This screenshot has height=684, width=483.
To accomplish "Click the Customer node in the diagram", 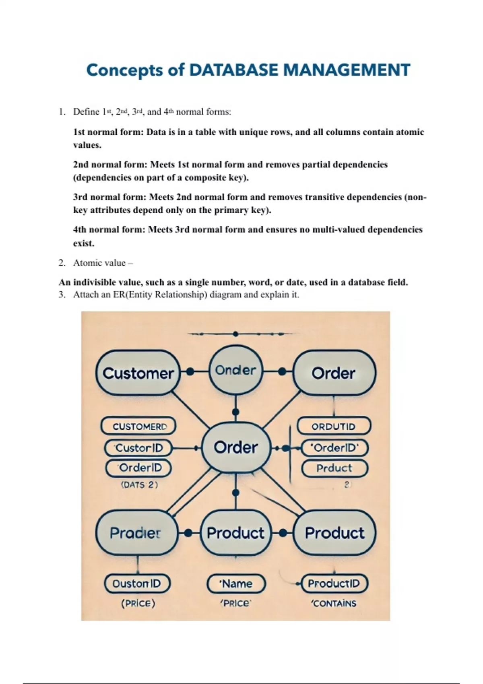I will point(138,373).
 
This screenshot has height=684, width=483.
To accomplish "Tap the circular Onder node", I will point(235,370).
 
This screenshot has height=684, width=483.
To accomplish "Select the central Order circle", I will point(235,447).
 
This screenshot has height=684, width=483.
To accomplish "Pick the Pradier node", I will point(136,533).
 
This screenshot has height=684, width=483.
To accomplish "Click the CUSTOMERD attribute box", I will point(138,426).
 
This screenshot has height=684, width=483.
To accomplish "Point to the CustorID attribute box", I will point(138,448).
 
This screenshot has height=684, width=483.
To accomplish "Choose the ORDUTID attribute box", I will point(333,426).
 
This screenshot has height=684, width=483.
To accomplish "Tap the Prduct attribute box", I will point(334,468).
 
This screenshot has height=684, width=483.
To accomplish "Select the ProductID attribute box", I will point(334,584).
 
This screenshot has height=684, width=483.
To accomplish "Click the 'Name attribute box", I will point(236,584).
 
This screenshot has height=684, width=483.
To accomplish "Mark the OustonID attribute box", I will point(137,584).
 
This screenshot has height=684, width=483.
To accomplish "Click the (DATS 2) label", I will point(139,485).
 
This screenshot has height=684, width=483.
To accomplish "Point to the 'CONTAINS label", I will point(334,604).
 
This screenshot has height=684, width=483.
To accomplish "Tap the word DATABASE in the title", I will point(233,70).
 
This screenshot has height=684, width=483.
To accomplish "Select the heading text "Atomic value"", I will point(99,263).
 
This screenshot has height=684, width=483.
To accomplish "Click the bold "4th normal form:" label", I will point(109,230).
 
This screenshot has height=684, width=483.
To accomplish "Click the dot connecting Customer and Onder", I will point(190,372).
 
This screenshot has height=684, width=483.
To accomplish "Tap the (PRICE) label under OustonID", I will point(138,604).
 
